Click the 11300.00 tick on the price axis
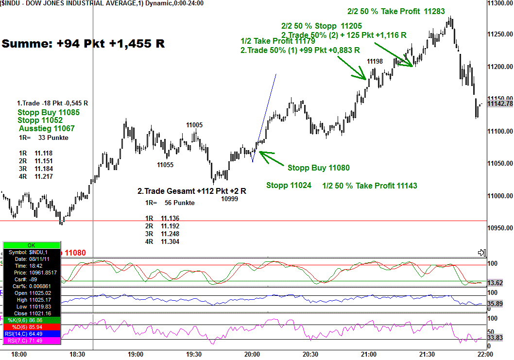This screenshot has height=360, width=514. [x=499, y=3]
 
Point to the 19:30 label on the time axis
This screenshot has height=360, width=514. [x=193, y=354]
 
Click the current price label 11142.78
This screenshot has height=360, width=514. [x=499, y=103]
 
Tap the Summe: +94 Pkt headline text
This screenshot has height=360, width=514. [x=83, y=44]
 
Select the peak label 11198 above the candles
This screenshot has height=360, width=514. [x=375, y=61]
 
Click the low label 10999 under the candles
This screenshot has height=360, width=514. [x=229, y=198]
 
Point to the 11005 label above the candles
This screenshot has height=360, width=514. [x=194, y=125]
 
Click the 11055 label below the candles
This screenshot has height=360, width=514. [x=165, y=165]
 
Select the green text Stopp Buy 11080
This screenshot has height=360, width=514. [x=318, y=168]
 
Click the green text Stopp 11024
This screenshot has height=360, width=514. [x=289, y=186]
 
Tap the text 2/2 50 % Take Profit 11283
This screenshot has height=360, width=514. [x=396, y=12]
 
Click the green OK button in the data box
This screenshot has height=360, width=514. [x=32, y=245]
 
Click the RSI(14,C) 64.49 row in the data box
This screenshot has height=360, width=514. [x=32, y=334]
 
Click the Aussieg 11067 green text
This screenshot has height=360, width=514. [x=47, y=129]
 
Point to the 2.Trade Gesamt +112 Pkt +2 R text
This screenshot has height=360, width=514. [x=191, y=191]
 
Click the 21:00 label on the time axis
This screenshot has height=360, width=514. [x=368, y=354]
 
